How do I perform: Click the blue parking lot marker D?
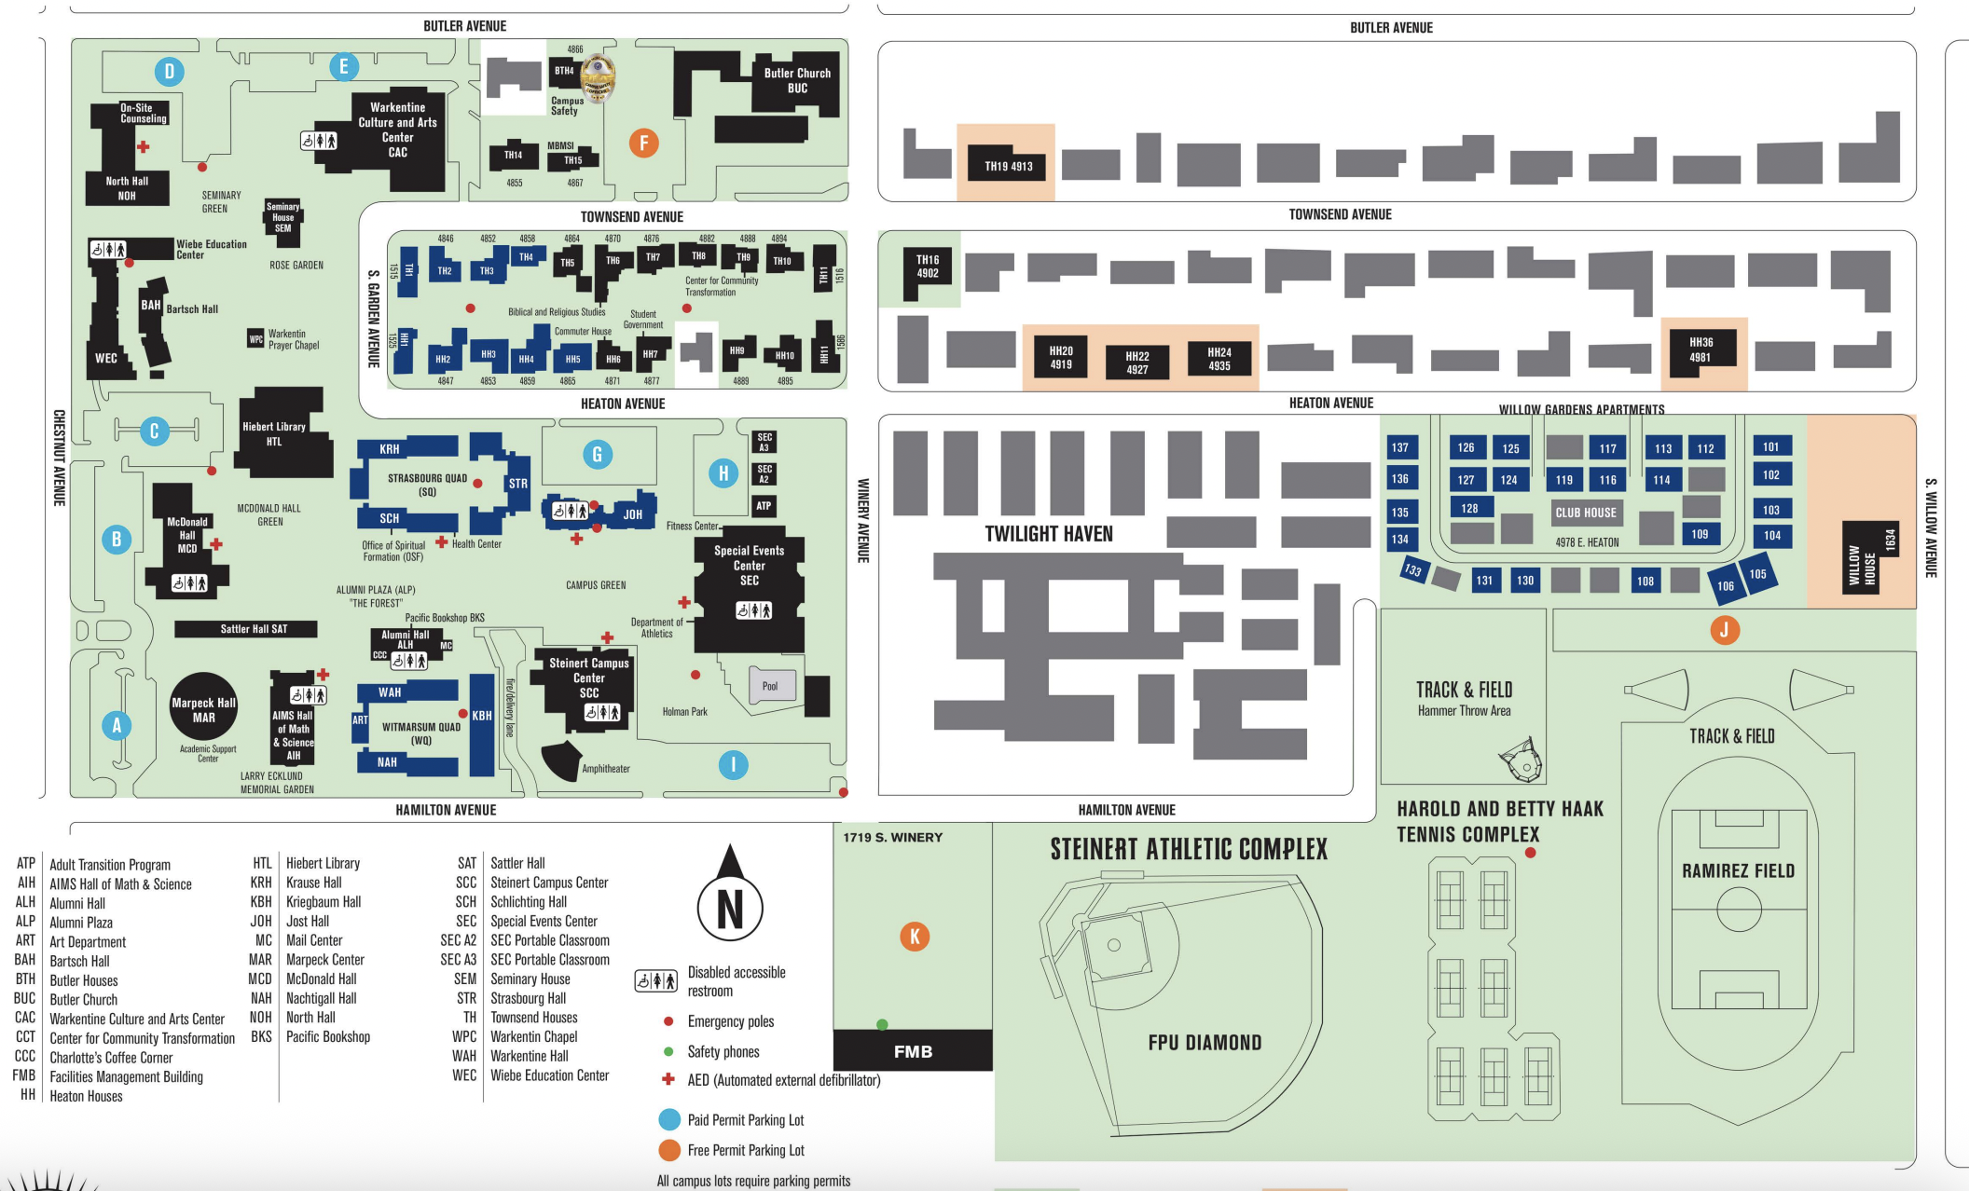[169, 71]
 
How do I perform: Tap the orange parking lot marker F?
[643, 143]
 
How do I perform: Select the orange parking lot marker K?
[914, 937]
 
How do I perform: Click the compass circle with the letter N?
[730, 907]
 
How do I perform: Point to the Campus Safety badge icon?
[598, 76]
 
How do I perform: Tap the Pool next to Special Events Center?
[771, 686]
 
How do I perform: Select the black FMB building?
[912, 1050]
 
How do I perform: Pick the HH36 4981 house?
[1700, 350]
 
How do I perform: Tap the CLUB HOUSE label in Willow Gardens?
[1585, 513]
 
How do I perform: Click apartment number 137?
[1399, 447]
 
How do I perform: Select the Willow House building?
[1870, 559]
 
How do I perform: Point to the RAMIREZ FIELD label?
[1738, 870]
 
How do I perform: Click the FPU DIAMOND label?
[1205, 1042]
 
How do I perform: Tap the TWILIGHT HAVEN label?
[1049, 533]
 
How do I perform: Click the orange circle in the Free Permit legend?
[669, 1150]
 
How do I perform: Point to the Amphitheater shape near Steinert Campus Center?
[562, 760]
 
